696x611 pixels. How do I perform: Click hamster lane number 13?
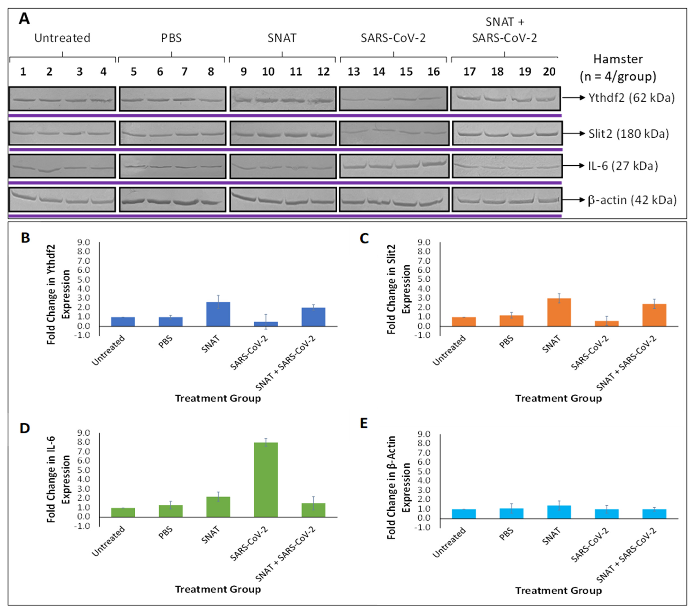354,72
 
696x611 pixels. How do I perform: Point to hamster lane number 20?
549,72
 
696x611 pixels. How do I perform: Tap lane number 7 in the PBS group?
184,72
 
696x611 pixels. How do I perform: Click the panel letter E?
364,424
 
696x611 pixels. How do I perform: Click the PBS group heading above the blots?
171,38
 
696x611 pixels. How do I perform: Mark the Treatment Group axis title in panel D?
218,589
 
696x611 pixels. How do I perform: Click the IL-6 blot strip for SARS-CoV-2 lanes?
394,166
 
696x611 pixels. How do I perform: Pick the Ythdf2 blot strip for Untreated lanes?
62,99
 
